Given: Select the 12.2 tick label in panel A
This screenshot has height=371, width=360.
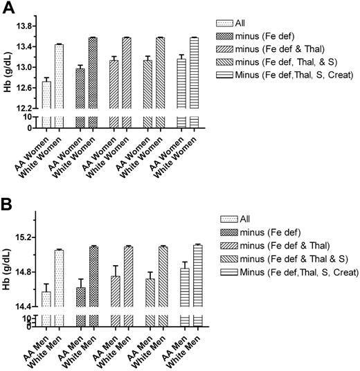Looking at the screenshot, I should tap(26, 108).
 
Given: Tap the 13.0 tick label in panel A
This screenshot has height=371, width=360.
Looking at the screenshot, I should tap(26, 67).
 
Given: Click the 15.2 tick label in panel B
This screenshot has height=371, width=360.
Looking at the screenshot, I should tap(26, 237).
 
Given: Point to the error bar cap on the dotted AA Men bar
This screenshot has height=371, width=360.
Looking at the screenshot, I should tap(46, 284).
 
